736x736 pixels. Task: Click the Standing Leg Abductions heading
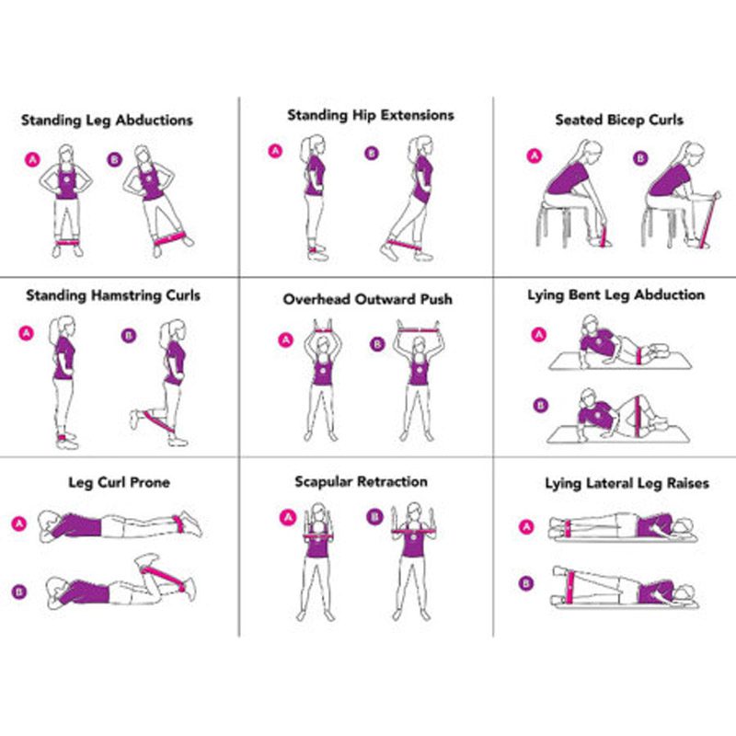tap(107, 121)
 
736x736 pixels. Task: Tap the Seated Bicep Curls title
tap(619, 121)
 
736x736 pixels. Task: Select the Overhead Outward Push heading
tap(367, 299)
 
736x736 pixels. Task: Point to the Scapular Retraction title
tap(361, 481)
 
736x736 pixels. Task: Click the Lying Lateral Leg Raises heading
tap(627, 484)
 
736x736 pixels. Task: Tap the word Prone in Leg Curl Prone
tap(150, 482)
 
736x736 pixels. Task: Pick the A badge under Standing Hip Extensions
tap(275, 151)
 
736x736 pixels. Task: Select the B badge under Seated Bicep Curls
tap(640, 158)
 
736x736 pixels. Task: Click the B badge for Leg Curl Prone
tap(18, 592)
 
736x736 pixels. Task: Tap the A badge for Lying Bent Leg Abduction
tap(539, 335)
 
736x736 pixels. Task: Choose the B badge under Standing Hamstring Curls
tap(129, 336)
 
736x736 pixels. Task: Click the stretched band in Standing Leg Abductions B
tap(169, 239)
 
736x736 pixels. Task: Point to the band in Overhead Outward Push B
tap(419, 329)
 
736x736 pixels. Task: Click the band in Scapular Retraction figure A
tap(318, 536)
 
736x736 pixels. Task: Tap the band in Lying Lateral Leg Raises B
tap(570, 587)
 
